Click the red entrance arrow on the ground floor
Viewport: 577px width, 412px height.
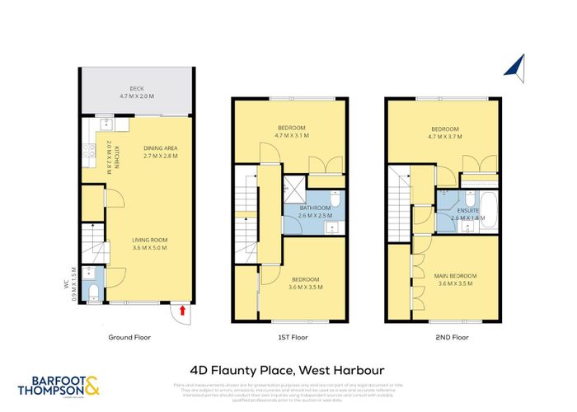pos(183,311)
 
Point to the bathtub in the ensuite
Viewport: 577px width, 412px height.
pos(487,204)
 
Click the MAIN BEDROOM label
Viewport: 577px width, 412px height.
pos(455,276)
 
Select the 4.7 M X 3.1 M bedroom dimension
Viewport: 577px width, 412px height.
pos(288,136)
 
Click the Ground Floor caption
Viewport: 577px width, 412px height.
pos(129,337)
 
